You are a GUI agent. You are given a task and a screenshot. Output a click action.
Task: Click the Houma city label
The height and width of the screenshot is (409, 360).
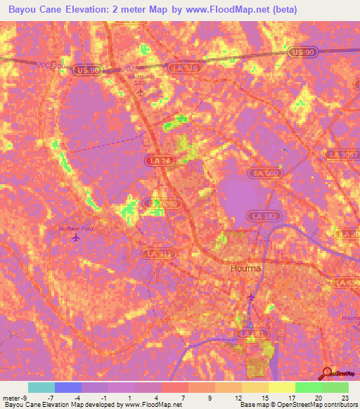(x=245, y=268)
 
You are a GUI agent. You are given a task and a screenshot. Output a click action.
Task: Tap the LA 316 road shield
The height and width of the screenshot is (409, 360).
(x=184, y=67)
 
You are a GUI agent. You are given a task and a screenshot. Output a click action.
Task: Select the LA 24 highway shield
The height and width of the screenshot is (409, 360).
(x=159, y=160)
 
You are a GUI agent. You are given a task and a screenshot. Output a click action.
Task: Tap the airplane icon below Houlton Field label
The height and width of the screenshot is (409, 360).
(x=76, y=237)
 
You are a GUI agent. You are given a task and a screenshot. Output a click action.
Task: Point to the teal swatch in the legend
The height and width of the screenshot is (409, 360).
(x=41, y=387)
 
